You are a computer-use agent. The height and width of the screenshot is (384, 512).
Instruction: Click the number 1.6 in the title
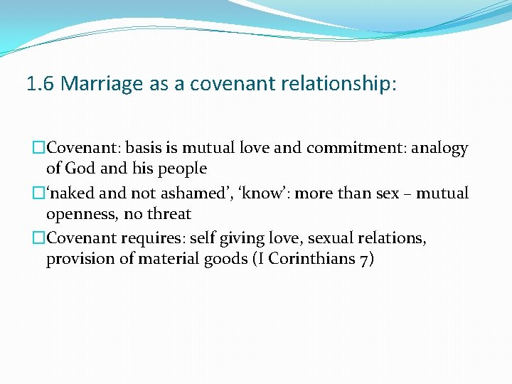click(x=41, y=85)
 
